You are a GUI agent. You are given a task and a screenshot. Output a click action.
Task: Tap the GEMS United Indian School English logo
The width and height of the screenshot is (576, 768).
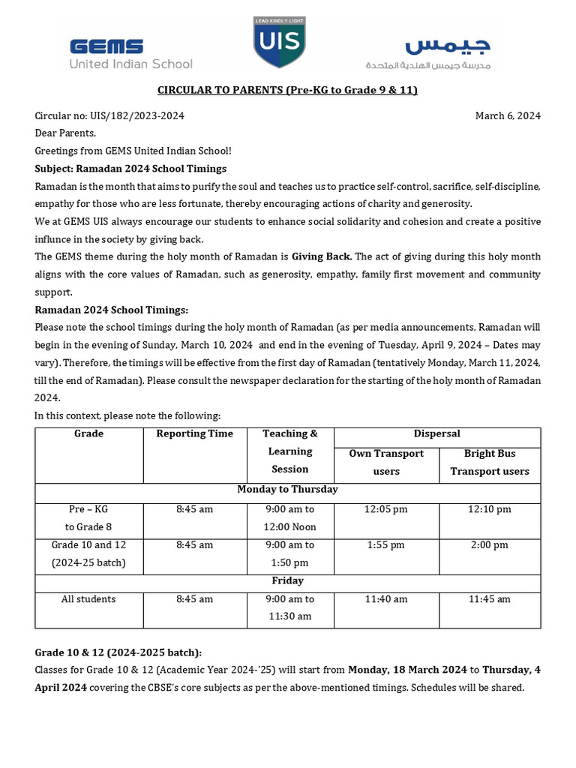(130, 54)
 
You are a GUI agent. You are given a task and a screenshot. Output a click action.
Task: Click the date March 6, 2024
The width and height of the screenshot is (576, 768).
(508, 115)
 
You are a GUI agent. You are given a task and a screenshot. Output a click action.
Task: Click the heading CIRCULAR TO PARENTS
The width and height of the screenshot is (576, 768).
(287, 90)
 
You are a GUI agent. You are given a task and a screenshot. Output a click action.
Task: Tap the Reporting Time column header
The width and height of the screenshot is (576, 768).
(194, 434)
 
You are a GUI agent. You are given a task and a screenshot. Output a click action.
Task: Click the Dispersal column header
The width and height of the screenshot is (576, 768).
(436, 434)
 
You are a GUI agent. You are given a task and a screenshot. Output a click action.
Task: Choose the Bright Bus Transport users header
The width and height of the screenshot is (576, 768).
(489, 462)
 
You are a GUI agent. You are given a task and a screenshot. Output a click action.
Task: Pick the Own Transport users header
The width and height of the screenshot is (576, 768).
(386, 462)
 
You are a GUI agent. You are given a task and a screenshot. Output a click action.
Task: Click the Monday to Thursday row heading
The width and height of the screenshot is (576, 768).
(287, 489)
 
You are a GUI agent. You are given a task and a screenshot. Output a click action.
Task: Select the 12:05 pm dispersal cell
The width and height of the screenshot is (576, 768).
(386, 509)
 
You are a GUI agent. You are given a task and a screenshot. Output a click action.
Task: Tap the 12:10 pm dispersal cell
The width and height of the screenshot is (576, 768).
(489, 509)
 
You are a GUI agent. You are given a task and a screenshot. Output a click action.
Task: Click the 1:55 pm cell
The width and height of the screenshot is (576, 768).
(386, 545)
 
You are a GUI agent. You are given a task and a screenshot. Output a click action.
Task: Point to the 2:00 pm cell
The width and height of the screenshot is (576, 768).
(489, 545)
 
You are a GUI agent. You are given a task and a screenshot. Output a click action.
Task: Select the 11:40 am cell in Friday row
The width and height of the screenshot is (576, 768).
(386, 599)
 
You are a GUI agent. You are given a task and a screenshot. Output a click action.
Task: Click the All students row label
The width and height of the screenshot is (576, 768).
(88, 599)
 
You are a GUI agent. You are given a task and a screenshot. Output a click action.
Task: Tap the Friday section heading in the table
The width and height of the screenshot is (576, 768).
(287, 580)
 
